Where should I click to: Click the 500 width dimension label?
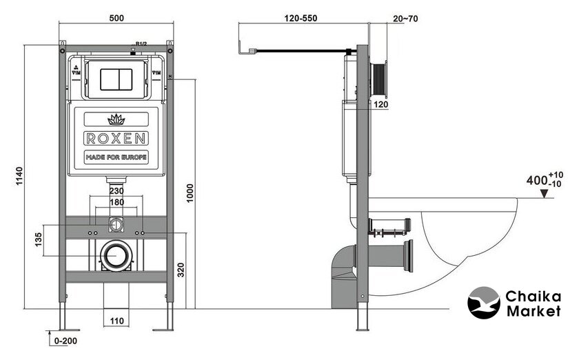tap(116, 17)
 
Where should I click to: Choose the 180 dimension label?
tap(116, 203)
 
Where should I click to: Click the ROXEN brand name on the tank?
tap(116, 138)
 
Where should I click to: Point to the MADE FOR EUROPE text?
tap(116, 158)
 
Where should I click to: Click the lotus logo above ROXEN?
tap(116, 119)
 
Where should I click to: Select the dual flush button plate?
tap(116, 78)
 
